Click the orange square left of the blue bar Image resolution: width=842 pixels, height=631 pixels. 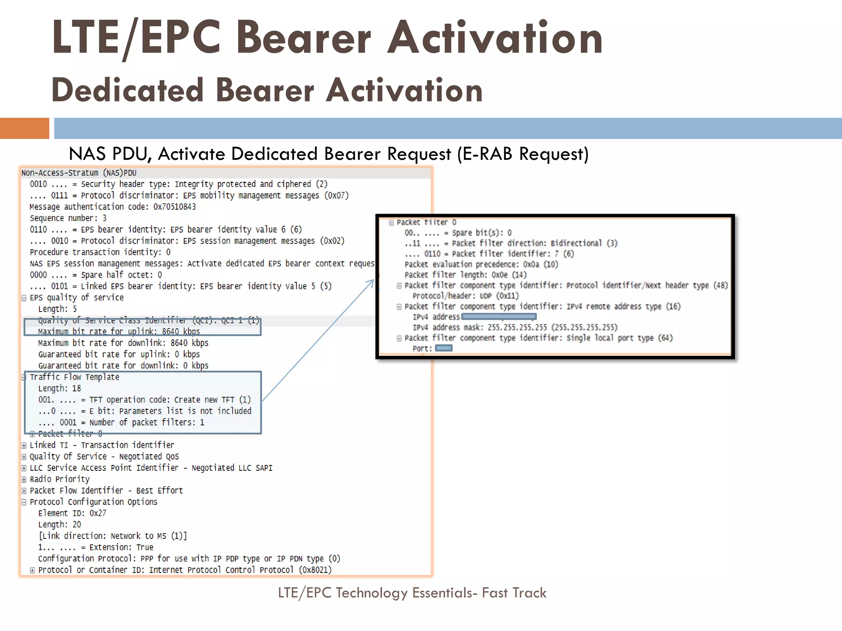tap(24, 128)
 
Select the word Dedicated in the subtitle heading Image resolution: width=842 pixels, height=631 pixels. tap(127, 90)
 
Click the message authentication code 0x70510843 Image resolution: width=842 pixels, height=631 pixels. tap(174, 207)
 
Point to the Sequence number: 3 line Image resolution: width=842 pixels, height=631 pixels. tap(68, 218)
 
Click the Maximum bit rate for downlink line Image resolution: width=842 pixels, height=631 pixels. tap(123, 343)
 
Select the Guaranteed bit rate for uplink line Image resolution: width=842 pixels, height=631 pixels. tap(119, 355)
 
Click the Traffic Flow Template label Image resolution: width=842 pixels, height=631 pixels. tap(74, 377)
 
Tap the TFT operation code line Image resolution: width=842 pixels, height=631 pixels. tap(144, 400)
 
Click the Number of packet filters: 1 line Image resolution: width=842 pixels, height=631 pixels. tap(121, 422)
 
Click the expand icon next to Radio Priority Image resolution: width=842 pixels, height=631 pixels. tap(24, 479)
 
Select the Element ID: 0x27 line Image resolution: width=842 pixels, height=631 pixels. tap(72, 513)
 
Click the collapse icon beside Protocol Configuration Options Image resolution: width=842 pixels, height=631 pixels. tap(24, 502)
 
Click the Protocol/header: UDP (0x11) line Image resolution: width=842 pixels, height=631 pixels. tap(465, 296)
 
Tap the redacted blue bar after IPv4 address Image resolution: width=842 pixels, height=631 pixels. tap(499, 317)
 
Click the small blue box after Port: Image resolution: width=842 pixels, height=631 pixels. tap(443, 348)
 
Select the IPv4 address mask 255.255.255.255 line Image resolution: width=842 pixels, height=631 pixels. tap(515, 327)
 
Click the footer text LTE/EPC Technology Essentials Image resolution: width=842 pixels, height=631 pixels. tap(412, 593)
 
